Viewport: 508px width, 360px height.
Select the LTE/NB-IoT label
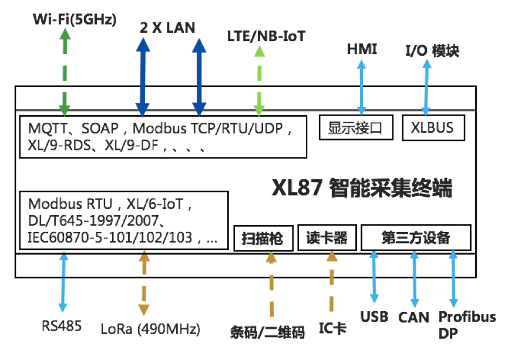pos(266,36)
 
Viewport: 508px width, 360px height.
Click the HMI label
pos(362,49)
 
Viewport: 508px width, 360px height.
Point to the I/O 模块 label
pos(432,51)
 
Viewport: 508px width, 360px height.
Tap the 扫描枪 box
pos(263,238)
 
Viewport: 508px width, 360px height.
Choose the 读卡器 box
pos(327,238)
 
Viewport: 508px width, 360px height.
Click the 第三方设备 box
pos(416,238)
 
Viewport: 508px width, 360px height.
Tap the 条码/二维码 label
pos(267,332)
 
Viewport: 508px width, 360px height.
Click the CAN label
pos(414,317)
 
